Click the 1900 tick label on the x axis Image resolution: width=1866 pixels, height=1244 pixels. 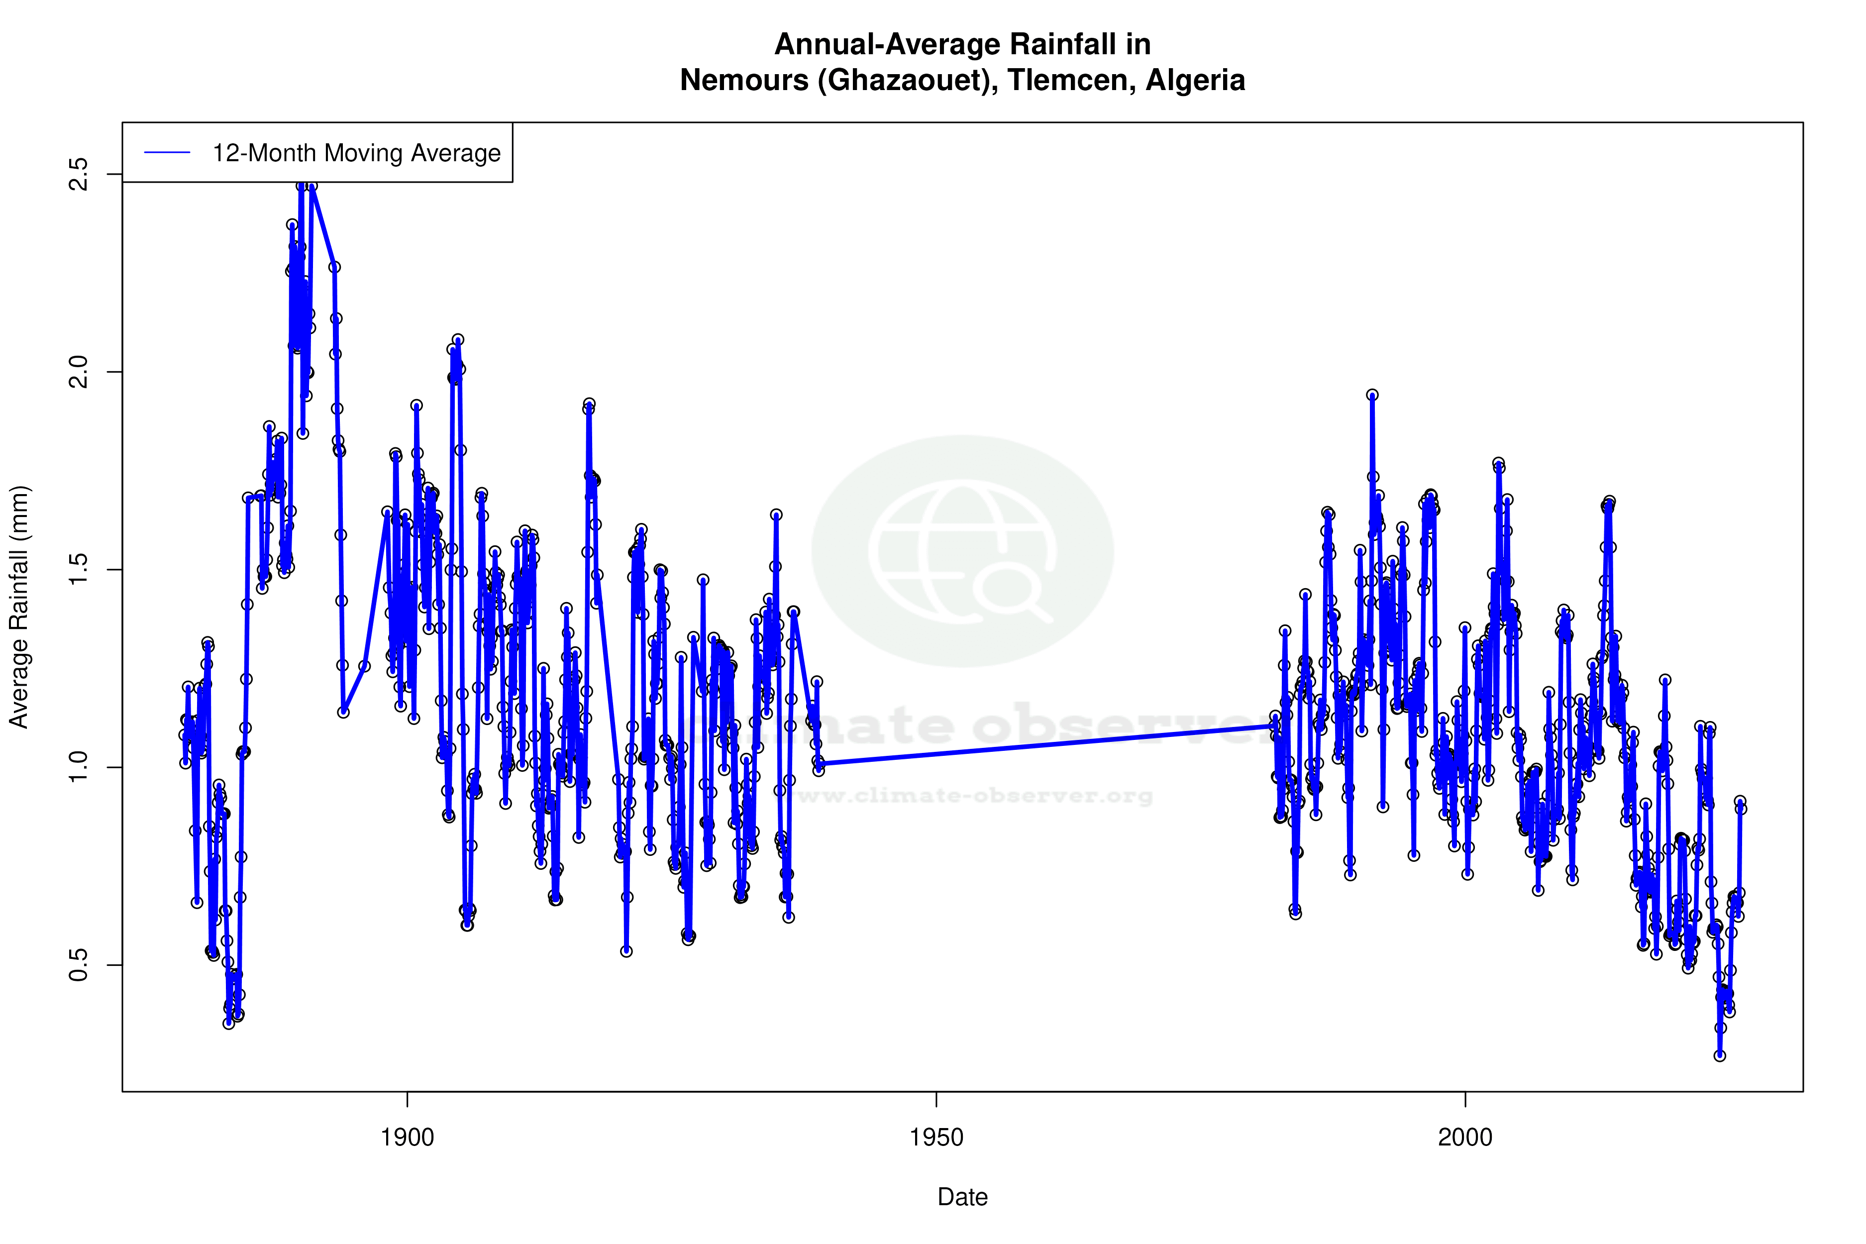coord(407,1138)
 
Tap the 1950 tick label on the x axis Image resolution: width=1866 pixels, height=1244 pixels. coord(936,1138)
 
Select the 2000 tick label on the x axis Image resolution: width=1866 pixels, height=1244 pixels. coord(1465,1138)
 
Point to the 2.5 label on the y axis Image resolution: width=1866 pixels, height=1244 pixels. coord(79,174)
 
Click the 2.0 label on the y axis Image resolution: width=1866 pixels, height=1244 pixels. coord(79,371)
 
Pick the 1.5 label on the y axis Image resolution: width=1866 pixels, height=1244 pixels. coord(79,570)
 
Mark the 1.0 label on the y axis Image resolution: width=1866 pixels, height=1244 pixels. coord(79,767)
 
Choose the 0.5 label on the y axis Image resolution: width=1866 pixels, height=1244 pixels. coord(79,965)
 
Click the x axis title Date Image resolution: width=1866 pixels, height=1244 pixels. coord(962,1197)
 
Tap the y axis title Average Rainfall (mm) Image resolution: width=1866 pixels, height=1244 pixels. coord(19,607)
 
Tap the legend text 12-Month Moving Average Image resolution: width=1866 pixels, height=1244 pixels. coord(356,153)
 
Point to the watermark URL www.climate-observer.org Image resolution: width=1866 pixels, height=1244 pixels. coord(974,796)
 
